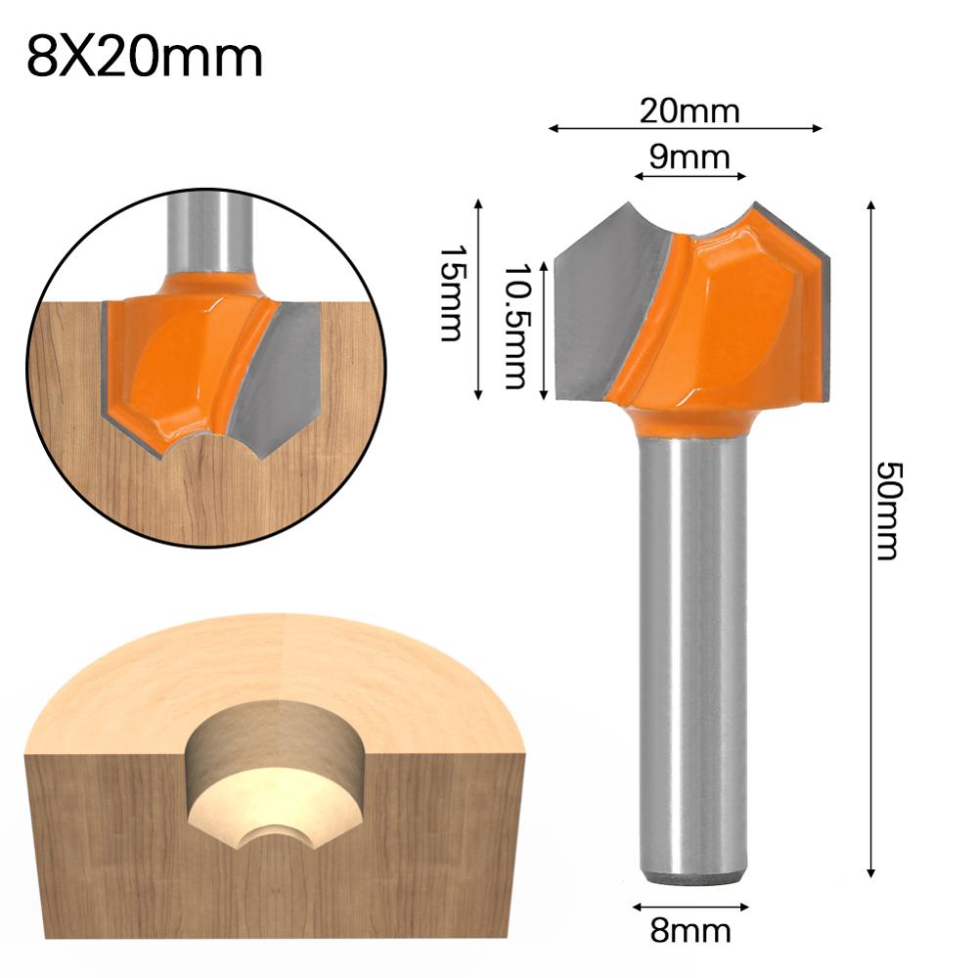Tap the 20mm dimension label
pyautogui.click(x=689, y=111)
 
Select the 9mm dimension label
pyautogui.click(x=689, y=156)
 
